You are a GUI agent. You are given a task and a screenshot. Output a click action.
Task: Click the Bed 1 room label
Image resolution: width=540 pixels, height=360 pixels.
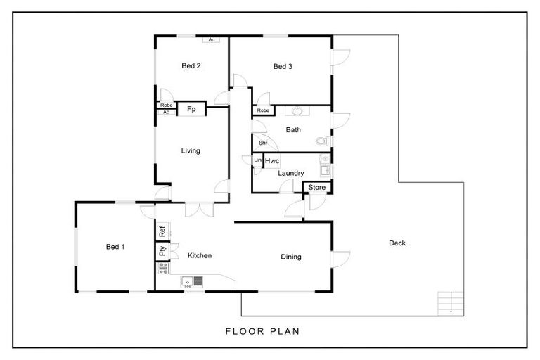pyautogui.click(x=115, y=247)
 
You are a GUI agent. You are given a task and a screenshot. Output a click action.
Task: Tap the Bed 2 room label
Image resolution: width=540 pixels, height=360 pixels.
pyautogui.click(x=191, y=67)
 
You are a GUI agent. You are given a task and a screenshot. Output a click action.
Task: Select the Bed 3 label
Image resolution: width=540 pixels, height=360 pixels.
pyautogui.click(x=283, y=67)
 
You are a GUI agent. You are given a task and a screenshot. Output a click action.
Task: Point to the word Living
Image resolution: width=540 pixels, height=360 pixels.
pyautogui.click(x=191, y=150)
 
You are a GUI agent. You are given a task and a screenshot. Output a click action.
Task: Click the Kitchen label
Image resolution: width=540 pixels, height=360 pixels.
pyautogui.click(x=200, y=255)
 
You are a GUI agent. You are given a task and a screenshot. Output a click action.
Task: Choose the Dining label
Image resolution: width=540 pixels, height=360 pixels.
pyautogui.click(x=290, y=257)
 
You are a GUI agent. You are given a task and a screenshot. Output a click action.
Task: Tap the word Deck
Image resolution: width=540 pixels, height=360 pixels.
pyautogui.click(x=397, y=243)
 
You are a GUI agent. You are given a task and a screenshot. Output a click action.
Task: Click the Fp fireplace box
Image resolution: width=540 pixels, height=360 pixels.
pyautogui.click(x=191, y=110)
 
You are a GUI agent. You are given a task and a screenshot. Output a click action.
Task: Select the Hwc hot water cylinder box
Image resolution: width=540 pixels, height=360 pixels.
pyautogui.click(x=272, y=161)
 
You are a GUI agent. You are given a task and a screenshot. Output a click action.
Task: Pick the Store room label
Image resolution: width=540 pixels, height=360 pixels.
pyautogui.click(x=317, y=187)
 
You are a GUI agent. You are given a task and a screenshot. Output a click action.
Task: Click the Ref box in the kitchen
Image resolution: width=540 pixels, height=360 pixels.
pyautogui.click(x=162, y=231)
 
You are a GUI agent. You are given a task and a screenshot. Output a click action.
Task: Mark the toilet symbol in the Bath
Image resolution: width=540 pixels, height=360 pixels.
pyautogui.click(x=323, y=141)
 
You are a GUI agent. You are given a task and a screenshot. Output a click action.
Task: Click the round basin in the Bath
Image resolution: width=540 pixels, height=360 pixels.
pyautogui.click(x=297, y=111)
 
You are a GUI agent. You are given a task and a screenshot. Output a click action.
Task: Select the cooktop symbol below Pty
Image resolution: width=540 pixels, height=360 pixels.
pyautogui.click(x=162, y=267)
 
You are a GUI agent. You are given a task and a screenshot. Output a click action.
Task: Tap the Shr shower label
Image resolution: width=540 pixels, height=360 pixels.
pyautogui.click(x=263, y=143)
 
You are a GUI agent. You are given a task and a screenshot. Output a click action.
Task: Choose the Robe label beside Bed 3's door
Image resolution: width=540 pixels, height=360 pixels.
pyautogui.click(x=263, y=110)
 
